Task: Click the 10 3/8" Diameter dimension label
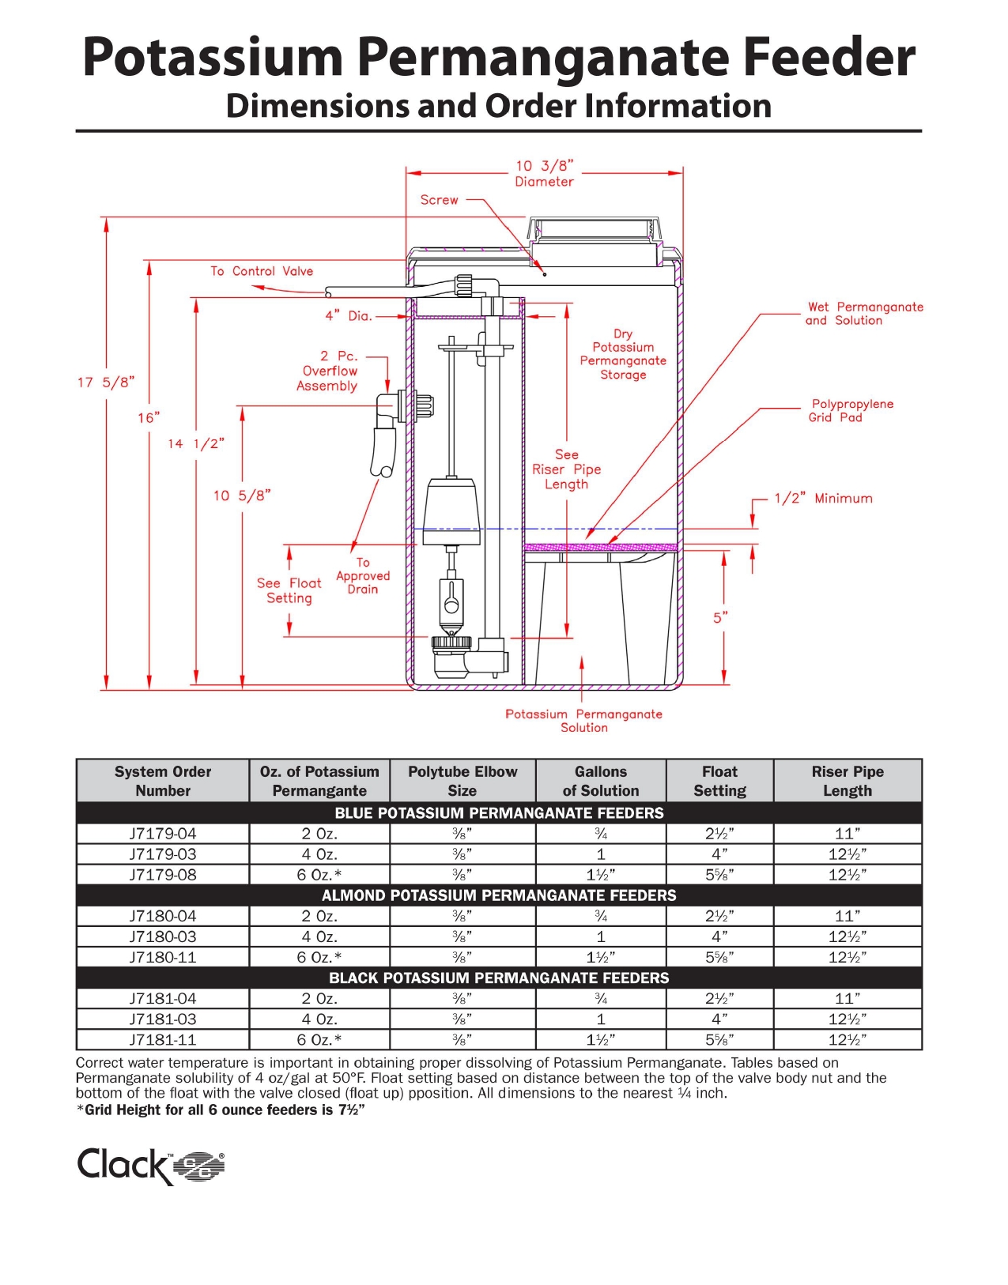(x=545, y=174)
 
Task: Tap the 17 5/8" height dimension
(x=106, y=382)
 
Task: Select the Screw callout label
(x=440, y=201)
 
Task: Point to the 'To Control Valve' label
(x=262, y=271)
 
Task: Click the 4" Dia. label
(x=349, y=316)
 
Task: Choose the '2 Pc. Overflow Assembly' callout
(x=328, y=371)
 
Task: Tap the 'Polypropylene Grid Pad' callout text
(x=851, y=411)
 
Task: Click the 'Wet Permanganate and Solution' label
(x=864, y=314)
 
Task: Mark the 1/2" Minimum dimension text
(x=823, y=499)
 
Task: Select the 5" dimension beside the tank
(x=720, y=617)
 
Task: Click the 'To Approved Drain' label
(x=363, y=576)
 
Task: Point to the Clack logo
(x=150, y=1166)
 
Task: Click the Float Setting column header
(x=719, y=782)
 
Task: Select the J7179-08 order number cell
(x=163, y=875)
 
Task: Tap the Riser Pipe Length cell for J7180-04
(x=848, y=916)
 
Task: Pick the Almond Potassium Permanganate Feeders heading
(x=499, y=895)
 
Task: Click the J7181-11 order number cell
(x=163, y=1040)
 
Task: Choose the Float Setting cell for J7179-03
(x=719, y=854)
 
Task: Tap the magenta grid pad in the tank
(x=601, y=547)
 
